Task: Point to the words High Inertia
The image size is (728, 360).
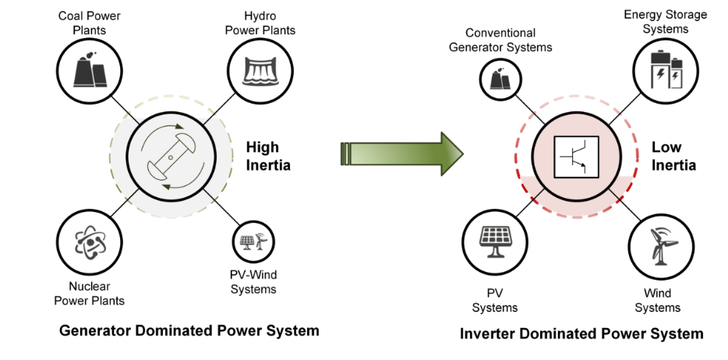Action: pos(268,155)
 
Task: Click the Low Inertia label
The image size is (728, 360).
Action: pos(673,156)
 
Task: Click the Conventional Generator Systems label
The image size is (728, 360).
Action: pos(509,40)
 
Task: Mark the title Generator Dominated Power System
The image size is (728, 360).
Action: pos(189,330)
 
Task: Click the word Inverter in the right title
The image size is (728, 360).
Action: pos(488,334)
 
